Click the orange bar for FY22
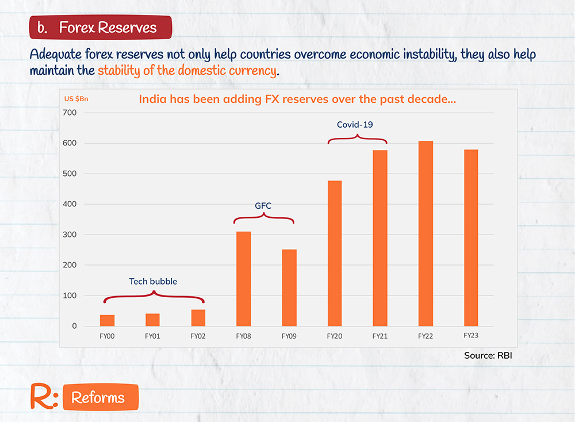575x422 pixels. pyautogui.click(x=425, y=233)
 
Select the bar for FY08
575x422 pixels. pyautogui.click(x=244, y=279)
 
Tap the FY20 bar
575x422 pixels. pyautogui.click(x=335, y=254)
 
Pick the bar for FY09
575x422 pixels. pyautogui.click(x=289, y=287)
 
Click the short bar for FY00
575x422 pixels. pyautogui.click(x=108, y=320)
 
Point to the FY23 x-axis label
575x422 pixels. pyautogui.click(x=471, y=335)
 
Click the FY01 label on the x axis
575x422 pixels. pyautogui.click(x=152, y=336)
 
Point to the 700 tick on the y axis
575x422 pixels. pyautogui.click(x=69, y=113)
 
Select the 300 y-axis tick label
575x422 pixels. pyautogui.click(x=69, y=235)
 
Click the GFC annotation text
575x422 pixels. pyautogui.click(x=263, y=205)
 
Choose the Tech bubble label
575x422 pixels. pyautogui.click(x=153, y=281)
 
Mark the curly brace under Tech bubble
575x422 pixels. pyautogui.click(x=154, y=297)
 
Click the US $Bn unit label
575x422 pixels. pyautogui.click(x=76, y=99)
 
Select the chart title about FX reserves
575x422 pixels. pyautogui.click(x=297, y=99)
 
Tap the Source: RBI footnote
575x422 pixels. pyautogui.click(x=488, y=356)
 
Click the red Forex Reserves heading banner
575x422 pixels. pyautogui.click(x=100, y=28)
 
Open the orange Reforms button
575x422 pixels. pyautogui.click(x=98, y=398)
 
